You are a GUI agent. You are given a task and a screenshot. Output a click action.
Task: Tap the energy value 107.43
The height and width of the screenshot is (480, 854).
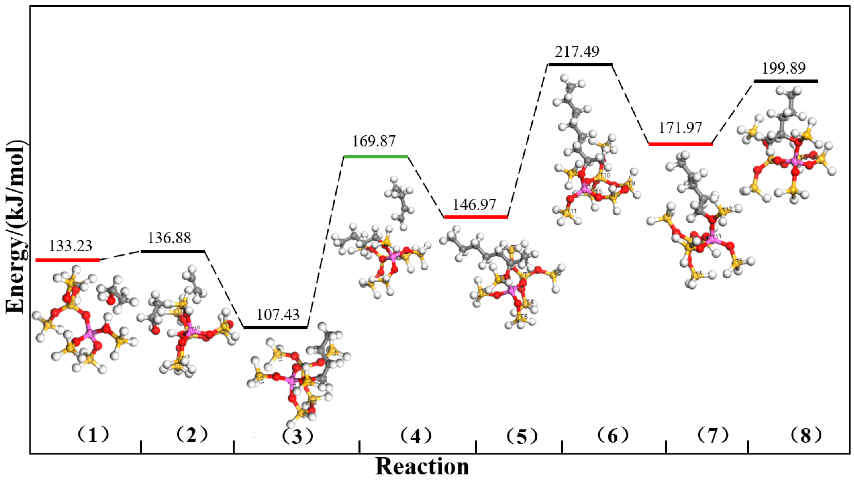278,315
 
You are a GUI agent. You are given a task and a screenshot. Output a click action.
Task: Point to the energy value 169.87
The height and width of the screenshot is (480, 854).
374,141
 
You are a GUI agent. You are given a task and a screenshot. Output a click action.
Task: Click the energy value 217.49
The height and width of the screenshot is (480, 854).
578,52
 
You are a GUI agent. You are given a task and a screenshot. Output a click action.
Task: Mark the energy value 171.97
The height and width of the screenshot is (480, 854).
680,128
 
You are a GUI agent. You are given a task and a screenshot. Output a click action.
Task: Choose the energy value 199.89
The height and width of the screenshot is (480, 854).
783,69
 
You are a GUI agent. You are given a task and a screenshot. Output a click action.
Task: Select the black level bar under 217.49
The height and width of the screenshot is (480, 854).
580,64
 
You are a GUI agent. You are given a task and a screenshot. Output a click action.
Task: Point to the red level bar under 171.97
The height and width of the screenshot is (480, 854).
680,144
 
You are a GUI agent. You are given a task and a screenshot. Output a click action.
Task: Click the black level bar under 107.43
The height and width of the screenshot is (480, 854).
275,328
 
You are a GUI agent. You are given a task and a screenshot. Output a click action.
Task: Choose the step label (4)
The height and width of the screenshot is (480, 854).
416,436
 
